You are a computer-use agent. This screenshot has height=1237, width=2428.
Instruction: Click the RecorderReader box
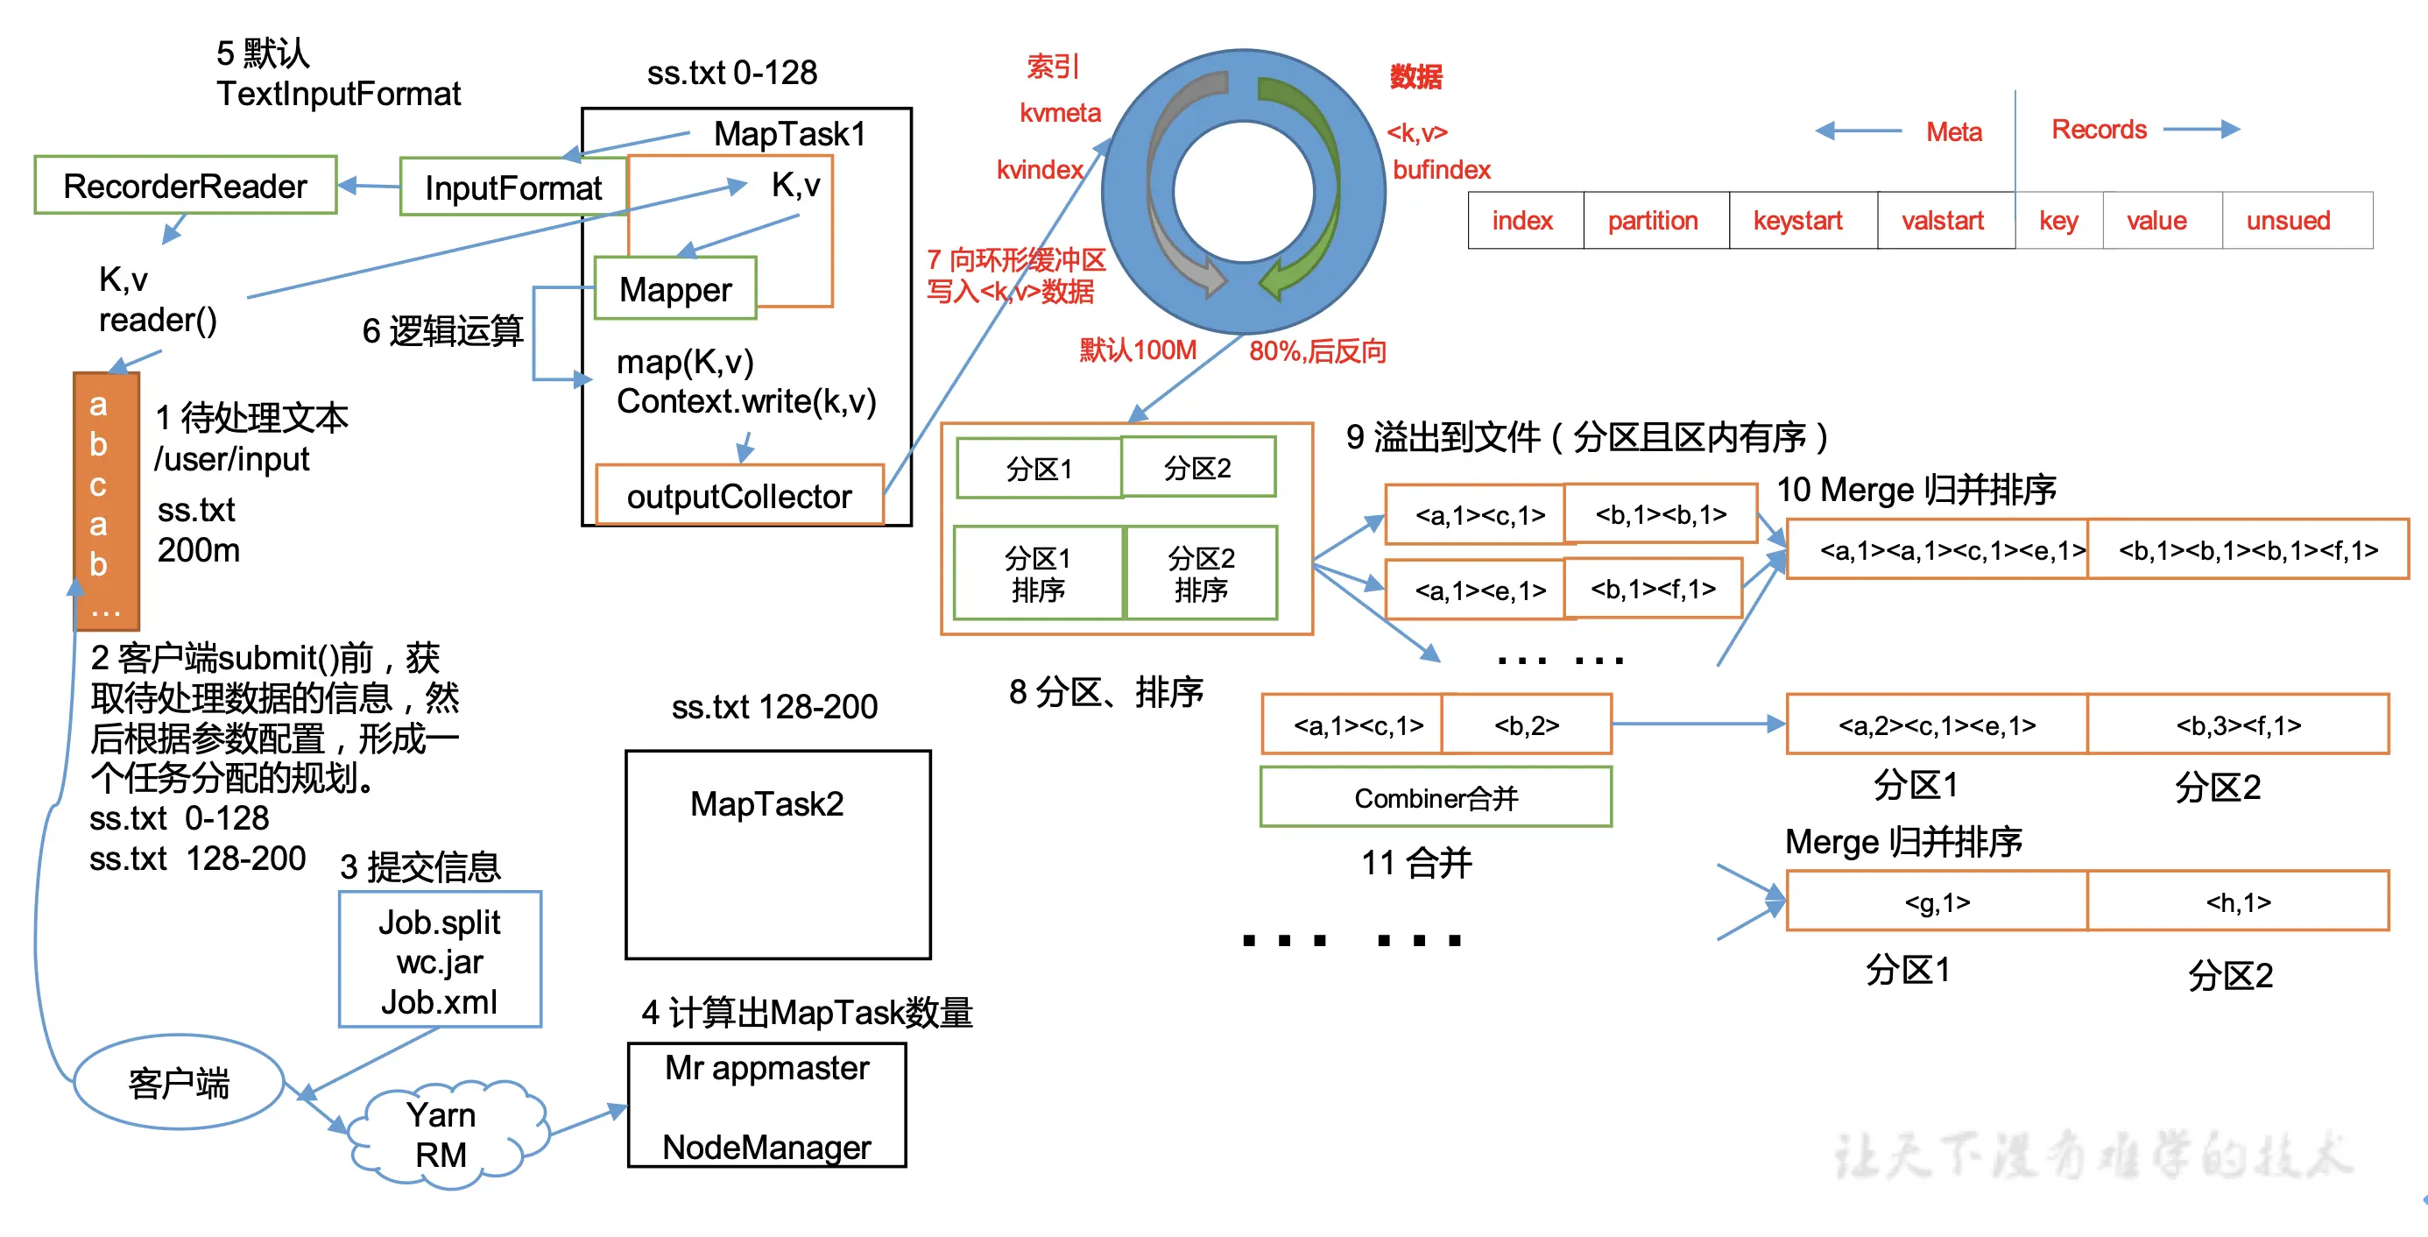click(x=185, y=186)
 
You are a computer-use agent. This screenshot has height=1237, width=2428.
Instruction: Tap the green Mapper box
click(x=674, y=289)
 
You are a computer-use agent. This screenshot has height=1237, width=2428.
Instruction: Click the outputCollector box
click(x=739, y=496)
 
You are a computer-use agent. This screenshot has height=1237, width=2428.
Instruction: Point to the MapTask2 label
click(x=766, y=803)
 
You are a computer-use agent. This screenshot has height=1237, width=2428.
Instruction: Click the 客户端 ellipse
click(x=178, y=1083)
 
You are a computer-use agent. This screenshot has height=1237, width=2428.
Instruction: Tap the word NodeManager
click(x=766, y=1147)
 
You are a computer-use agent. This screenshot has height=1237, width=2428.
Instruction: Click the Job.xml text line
click(x=439, y=1001)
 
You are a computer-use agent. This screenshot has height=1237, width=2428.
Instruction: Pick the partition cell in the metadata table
click(x=1652, y=221)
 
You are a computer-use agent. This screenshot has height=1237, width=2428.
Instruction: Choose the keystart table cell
click(x=1797, y=221)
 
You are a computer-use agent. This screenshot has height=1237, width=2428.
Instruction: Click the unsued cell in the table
click(x=2288, y=221)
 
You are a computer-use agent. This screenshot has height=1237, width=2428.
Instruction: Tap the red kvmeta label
click(x=1060, y=113)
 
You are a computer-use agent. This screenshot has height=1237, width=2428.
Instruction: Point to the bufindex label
click(x=1441, y=170)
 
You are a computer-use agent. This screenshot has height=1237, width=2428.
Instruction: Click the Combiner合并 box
click(x=1436, y=797)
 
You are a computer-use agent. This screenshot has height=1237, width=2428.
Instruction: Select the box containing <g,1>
click(x=1936, y=902)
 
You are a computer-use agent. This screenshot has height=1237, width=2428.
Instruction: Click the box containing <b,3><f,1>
click(x=2238, y=725)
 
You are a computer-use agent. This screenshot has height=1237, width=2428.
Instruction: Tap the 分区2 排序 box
click(x=1201, y=573)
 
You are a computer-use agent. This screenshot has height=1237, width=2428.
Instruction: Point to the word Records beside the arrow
click(x=2099, y=129)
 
